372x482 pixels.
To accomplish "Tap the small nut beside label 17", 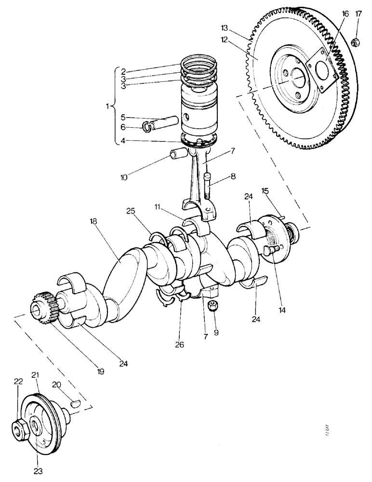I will pos(356,42).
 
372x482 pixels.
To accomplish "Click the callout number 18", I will pos(93,222).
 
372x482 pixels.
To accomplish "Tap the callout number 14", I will pos(281,310).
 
